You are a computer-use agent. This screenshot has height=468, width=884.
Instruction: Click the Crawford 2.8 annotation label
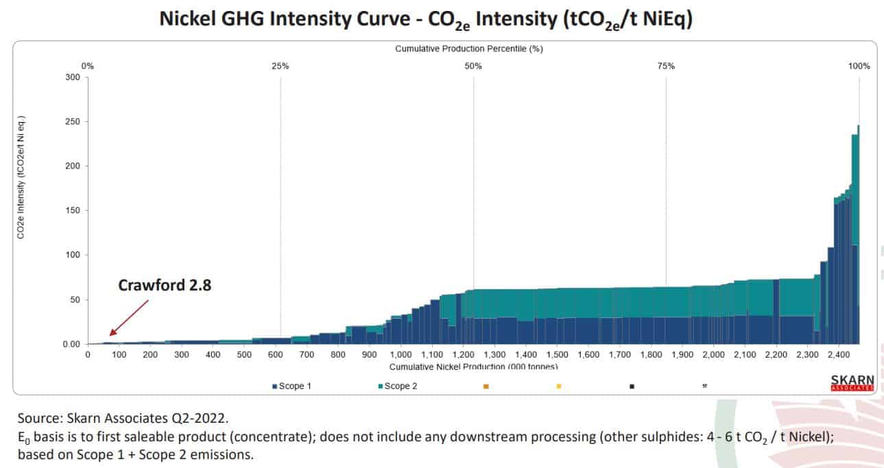point(165,285)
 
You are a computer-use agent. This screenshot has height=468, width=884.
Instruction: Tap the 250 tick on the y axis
point(72,121)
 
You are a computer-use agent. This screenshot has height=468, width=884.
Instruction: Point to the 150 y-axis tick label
point(72,210)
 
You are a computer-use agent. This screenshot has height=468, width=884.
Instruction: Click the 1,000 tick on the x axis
point(401,355)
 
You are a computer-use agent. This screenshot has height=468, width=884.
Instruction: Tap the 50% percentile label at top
point(473,66)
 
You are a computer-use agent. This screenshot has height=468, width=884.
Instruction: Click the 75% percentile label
point(666,66)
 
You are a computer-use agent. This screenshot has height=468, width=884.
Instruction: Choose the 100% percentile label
point(859,66)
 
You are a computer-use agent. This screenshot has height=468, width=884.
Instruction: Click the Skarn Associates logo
point(852,382)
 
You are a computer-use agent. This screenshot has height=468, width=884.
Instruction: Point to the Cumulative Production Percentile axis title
point(469,49)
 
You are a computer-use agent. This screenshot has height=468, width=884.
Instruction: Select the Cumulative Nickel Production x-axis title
point(473,367)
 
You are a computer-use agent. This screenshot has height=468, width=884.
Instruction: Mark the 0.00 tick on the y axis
point(71,344)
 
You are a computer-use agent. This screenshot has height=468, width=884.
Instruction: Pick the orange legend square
point(486,386)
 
